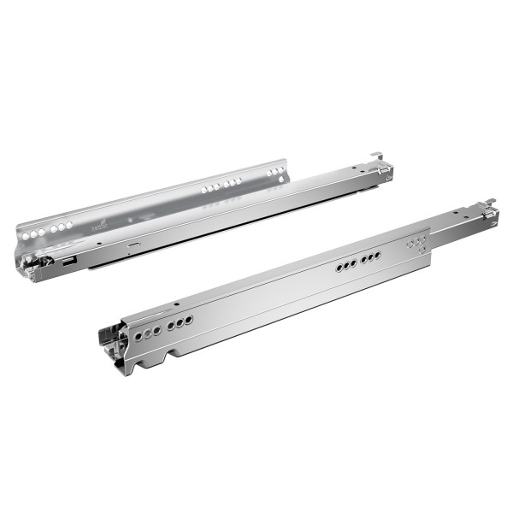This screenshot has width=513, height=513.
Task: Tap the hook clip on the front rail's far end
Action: pos(489,205)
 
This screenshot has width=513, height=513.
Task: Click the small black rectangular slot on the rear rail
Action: pos(68,263)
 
